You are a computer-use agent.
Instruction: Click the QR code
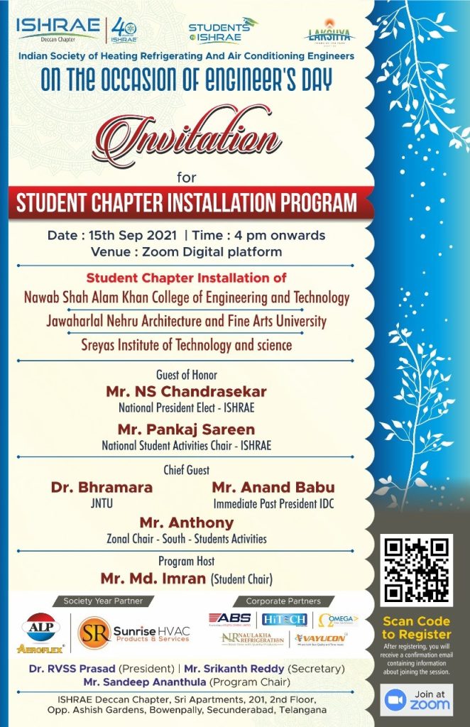pos(417,569)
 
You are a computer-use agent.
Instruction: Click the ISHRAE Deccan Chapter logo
pos(58,29)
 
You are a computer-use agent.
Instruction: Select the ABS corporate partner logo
pos(230,619)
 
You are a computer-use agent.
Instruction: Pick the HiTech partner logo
pos(284,619)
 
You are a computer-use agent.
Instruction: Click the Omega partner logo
pos(337,619)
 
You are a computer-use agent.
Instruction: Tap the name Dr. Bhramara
pos(102,488)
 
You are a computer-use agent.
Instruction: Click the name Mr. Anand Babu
pos(273,488)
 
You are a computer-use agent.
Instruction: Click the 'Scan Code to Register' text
pos(416,628)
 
